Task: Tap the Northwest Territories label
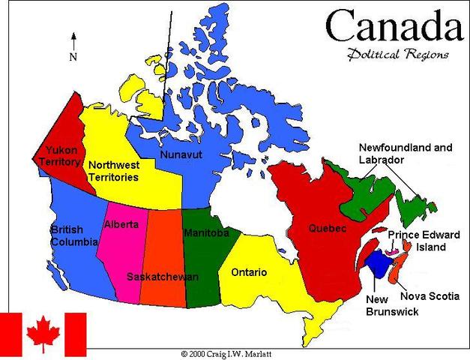(113, 171)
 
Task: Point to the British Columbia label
(73, 235)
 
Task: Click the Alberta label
(121, 224)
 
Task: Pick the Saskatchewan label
(163, 277)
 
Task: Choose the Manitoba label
(206, 232)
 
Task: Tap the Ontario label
(249, 271)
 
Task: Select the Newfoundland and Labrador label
(405, 154)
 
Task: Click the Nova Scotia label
(429, 295)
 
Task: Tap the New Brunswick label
(392, 306)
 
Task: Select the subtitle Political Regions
(397, 54)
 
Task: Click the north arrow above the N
(73, 40)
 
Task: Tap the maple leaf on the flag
(43, 332)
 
